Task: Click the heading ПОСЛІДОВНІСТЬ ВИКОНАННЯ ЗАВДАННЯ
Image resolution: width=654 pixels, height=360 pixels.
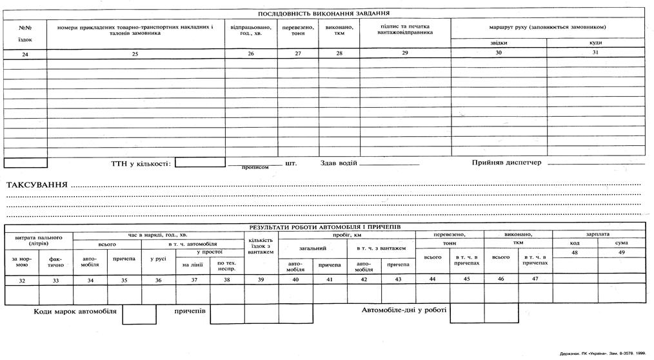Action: (x=323, y=13)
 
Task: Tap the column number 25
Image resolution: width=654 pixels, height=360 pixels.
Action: (x=135, y=54)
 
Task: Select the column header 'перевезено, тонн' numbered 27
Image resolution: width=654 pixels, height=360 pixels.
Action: (x=298, y=30)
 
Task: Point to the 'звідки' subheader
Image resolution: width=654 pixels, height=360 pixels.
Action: (x=499, y=43)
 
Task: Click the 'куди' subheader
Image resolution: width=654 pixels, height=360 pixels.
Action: (x=595, y=43)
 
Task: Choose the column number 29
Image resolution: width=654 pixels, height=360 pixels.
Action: (x=405, y=53)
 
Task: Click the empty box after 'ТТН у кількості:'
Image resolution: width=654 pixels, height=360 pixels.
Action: (x=199, y=163)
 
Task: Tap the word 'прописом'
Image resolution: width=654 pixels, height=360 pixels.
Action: (x=255, y=167)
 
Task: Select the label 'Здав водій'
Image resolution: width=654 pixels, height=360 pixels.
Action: (x=339, y=163)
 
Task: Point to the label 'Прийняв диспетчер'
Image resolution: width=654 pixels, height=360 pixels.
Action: (x=506, y=163)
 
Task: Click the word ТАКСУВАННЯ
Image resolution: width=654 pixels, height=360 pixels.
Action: (x=37, y=186)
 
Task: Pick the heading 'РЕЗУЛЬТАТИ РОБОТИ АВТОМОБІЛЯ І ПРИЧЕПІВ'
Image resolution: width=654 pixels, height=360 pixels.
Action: (x=325, y=227)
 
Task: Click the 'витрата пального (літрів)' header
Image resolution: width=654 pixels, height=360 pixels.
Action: (x=39, y=241)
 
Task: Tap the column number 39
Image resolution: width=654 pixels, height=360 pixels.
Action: (x=261, y=280)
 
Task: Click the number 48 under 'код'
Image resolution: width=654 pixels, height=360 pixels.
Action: (x=575, y=252)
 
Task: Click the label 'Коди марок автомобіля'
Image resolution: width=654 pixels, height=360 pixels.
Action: (x=75, y=311)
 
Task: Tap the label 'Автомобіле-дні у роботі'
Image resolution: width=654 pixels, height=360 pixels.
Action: (x=404, y=310)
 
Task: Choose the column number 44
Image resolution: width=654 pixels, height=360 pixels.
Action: (x=432, y=279)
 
